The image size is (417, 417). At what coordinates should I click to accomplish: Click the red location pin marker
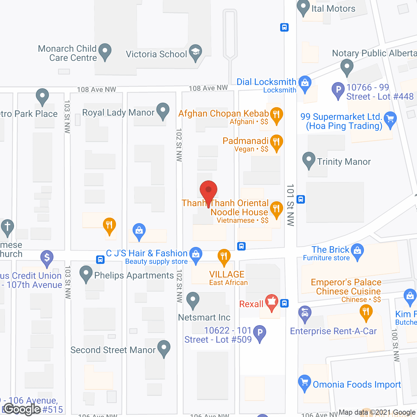(x=208, y=191)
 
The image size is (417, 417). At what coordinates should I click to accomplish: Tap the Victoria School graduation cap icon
(x=195, y=52)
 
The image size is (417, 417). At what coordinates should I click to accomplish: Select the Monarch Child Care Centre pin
(x=105, y=51)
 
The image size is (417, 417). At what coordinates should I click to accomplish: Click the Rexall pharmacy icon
(x=271, y=302)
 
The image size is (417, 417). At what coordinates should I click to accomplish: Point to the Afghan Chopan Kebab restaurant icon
(x=276, y=115)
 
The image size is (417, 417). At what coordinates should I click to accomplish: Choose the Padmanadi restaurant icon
(x=276, y=142)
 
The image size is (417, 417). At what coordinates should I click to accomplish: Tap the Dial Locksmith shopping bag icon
(x=305, y=83)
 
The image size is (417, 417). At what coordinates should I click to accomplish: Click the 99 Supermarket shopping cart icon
(x=390, y=119)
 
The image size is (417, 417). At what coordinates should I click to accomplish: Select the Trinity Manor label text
(x=344, y=162)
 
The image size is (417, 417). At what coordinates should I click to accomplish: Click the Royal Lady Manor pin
(x=163, y=111)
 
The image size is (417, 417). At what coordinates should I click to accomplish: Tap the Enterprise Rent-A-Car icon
(x=305, y=314)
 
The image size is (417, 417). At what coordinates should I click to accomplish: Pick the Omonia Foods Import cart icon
(x=305, y=382)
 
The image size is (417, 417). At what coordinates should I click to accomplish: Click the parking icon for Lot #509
(x=260, y=333)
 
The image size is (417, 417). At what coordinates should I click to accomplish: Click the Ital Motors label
(x=333, y=8)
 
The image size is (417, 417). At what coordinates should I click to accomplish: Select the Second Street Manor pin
(x=164, y=348)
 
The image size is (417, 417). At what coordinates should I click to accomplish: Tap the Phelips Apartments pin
(x=86, y=274)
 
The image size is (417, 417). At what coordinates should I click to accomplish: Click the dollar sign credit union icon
(x=47, y=258)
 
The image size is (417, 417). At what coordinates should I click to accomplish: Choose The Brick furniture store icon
(x=357, y=251)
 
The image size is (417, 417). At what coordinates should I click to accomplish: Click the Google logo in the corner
(x=22, y=409)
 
